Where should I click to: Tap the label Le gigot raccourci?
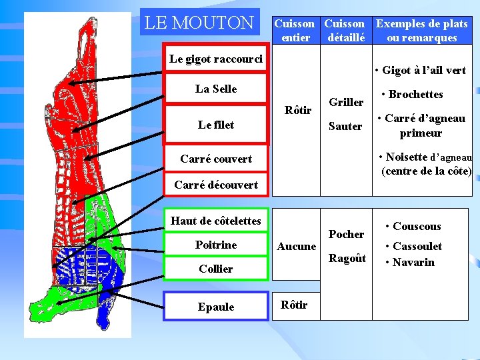pos(216,59)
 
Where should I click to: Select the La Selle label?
pos(216,89)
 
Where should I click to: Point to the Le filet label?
pos(216,125)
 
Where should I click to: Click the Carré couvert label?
pos(216,159)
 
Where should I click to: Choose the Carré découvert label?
pos(216,185)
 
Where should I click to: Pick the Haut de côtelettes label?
pos(216,221)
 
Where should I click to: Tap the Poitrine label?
pos(216,245)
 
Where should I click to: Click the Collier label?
pos(216,269)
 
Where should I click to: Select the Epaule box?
pos(216,307)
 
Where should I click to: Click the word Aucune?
pos(297,247)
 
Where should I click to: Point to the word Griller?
pos(346,102)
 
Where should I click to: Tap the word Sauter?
pos(345,126)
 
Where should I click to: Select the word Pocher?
pos(346,234)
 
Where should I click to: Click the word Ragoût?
pos(347,259)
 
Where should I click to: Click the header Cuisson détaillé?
pos(345,31)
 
